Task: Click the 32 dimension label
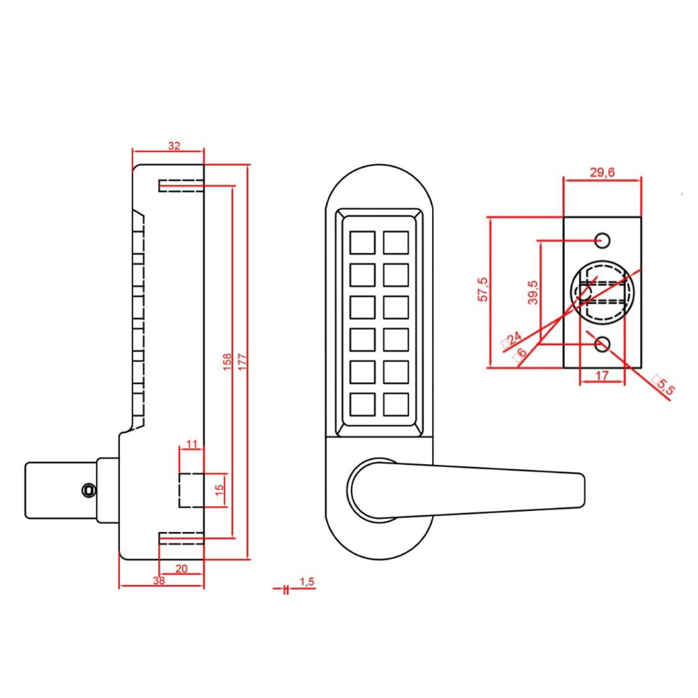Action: coord(174,146)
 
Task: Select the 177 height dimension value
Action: coord(242,362)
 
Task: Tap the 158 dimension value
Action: coord(227,362)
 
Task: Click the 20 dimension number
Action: coord(181,569)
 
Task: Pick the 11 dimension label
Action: coord(193,444)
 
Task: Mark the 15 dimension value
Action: coord(218,488)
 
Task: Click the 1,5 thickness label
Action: coord(307,581)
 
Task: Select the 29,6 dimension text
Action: coord(602,174)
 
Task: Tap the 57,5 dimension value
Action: coord(482,290)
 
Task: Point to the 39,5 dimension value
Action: coord(532,292)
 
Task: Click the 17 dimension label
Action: coord(603,376)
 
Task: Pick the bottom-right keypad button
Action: coord(396,404)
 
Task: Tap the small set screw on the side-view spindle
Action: coord(87,490)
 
